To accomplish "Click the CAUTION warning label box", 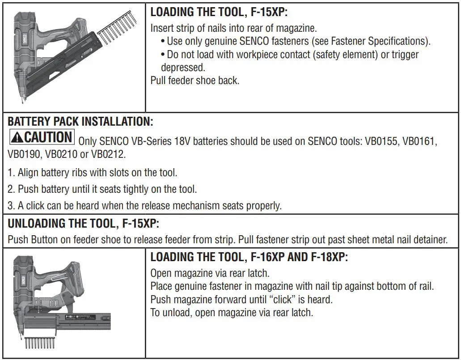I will click(42, 137).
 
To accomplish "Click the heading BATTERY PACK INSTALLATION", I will click(80, 122).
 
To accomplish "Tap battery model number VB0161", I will click(419, 141).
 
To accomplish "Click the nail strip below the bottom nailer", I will click(39, 344).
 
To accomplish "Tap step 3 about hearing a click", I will click(144, 206).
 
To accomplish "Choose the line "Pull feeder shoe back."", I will click(195, 81).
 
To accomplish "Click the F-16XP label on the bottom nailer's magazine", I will click(70, 316).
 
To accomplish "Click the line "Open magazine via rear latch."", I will click(210, 273).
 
